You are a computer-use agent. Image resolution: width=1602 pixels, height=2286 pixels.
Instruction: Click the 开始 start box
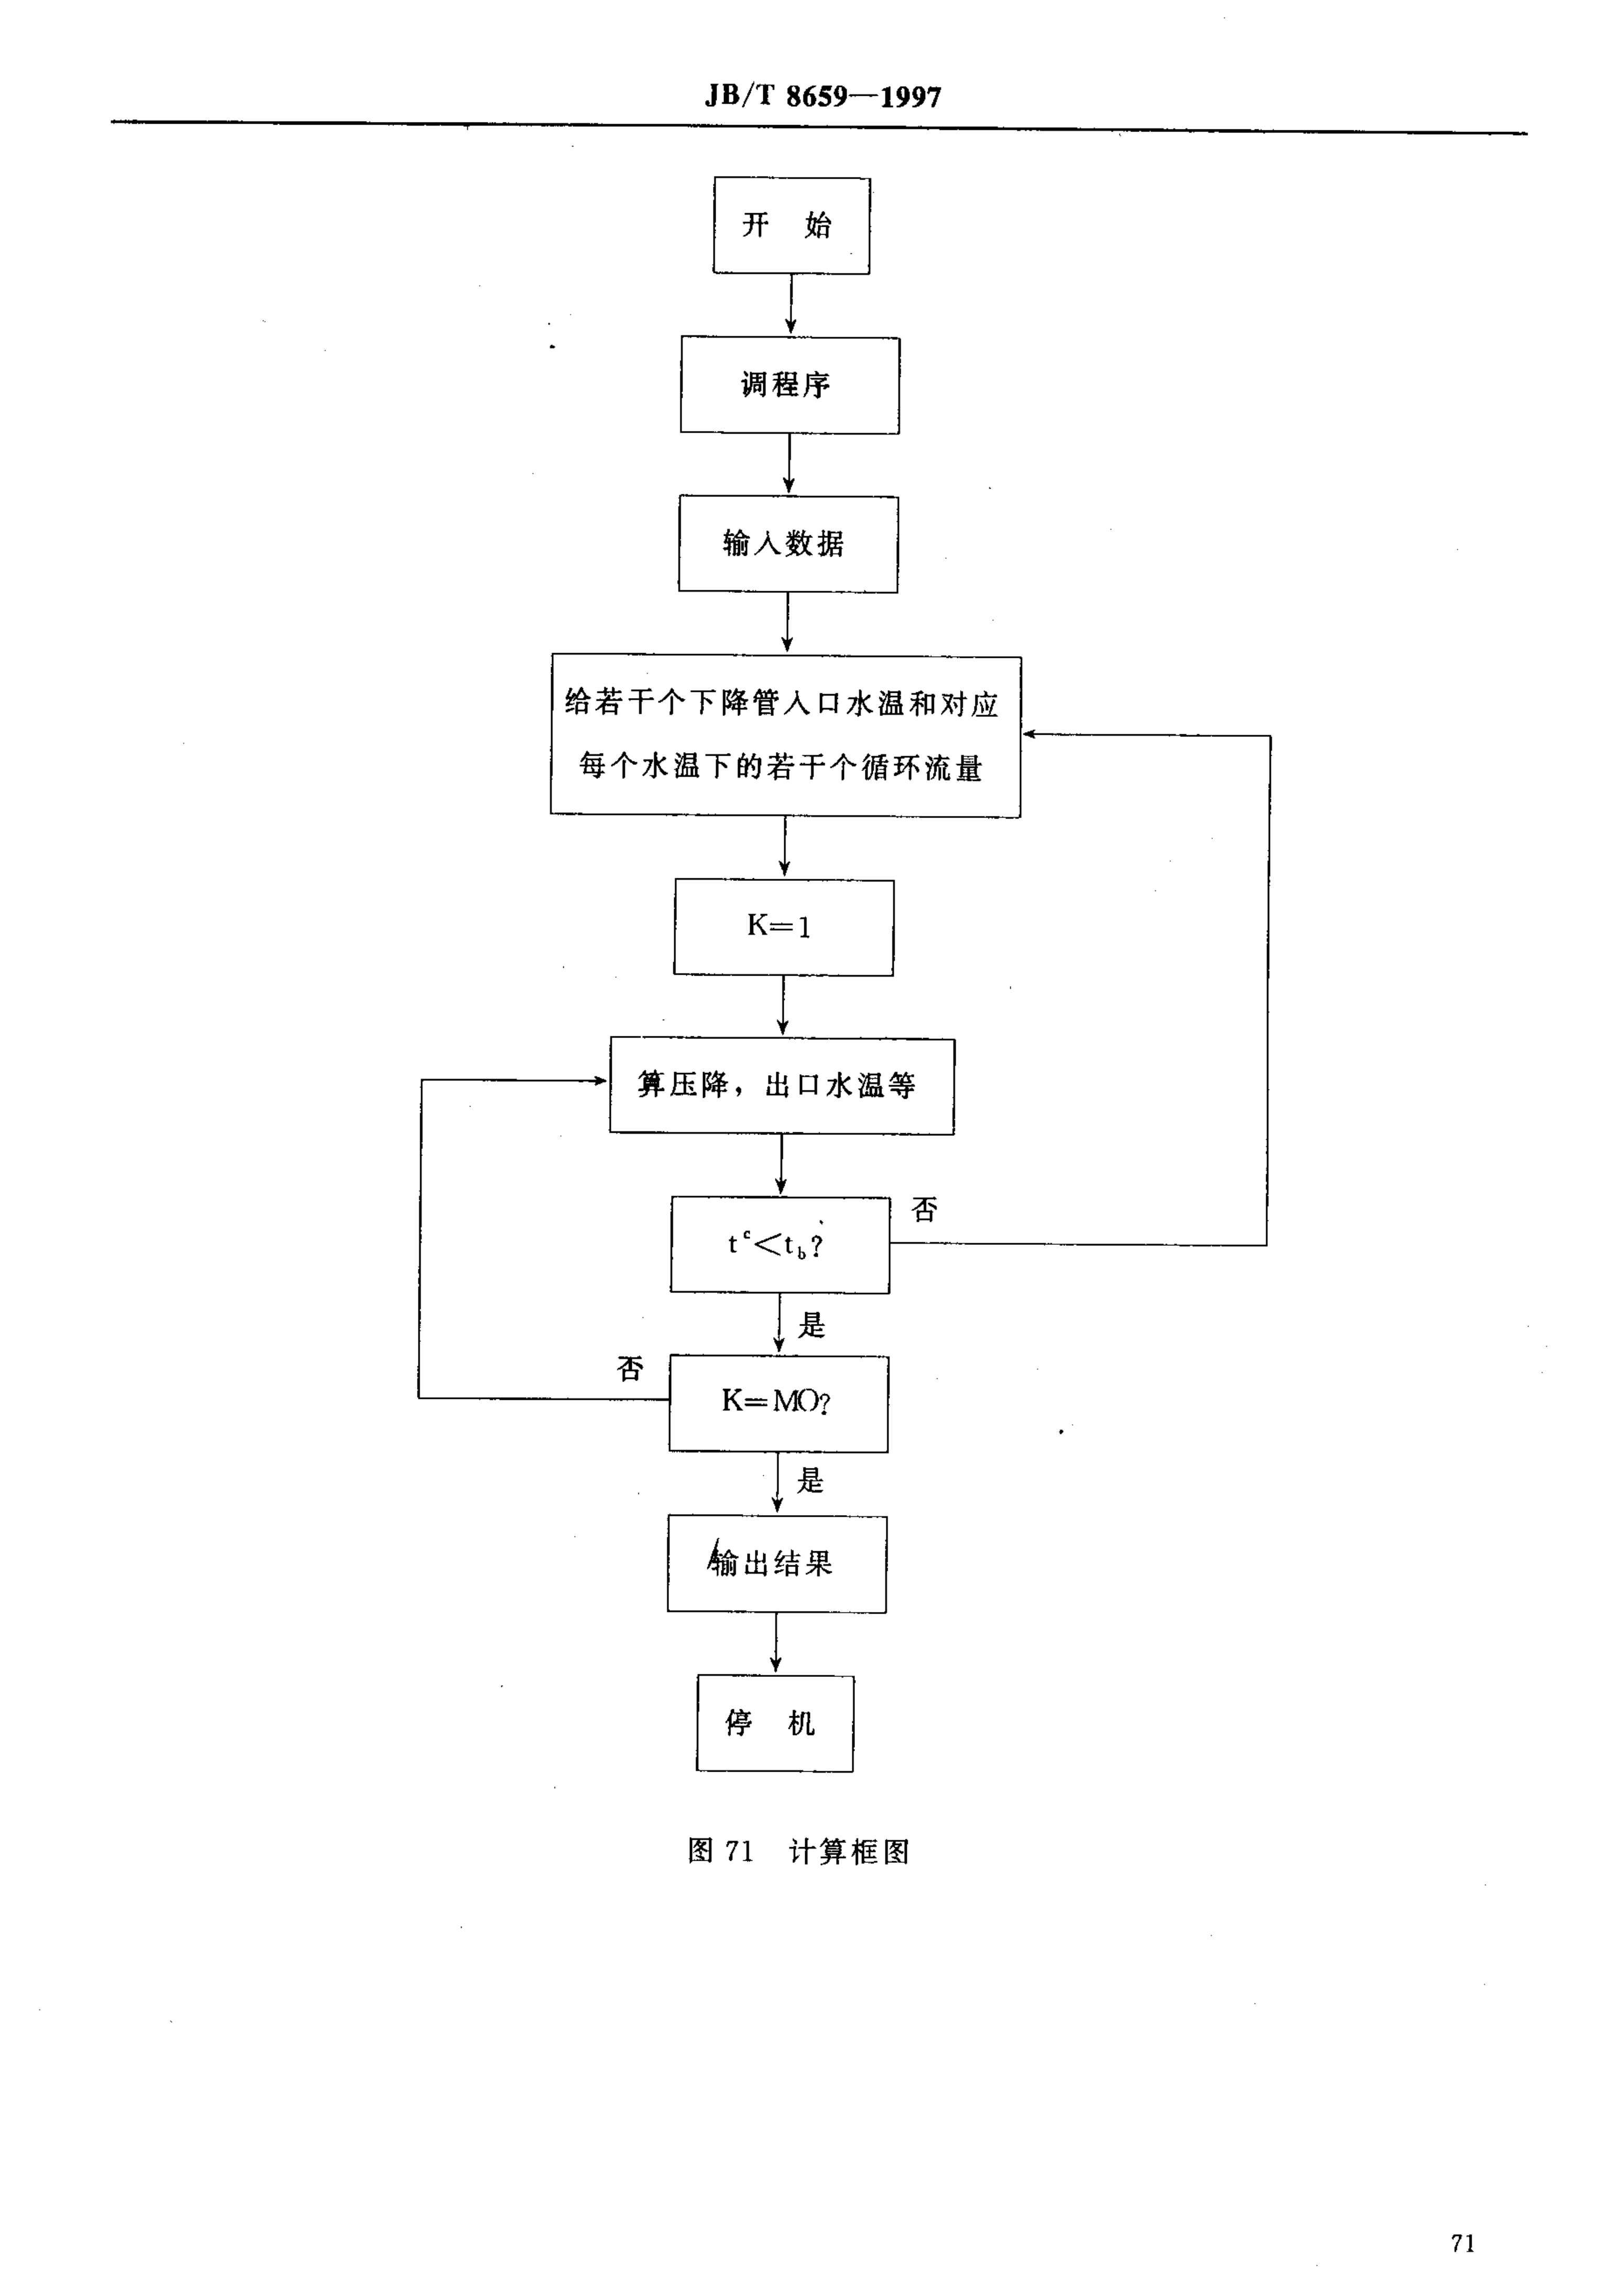[x=791, y=225]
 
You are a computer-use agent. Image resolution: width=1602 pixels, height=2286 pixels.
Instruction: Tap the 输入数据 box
[x=787, y=544]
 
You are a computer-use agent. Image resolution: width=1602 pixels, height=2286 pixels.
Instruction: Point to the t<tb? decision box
[x=780, y=1244]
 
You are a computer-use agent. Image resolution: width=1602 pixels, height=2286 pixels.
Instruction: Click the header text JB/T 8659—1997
[x=822, y=96]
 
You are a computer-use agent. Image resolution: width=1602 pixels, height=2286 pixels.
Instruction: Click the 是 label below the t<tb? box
[x=811, y=1325]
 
